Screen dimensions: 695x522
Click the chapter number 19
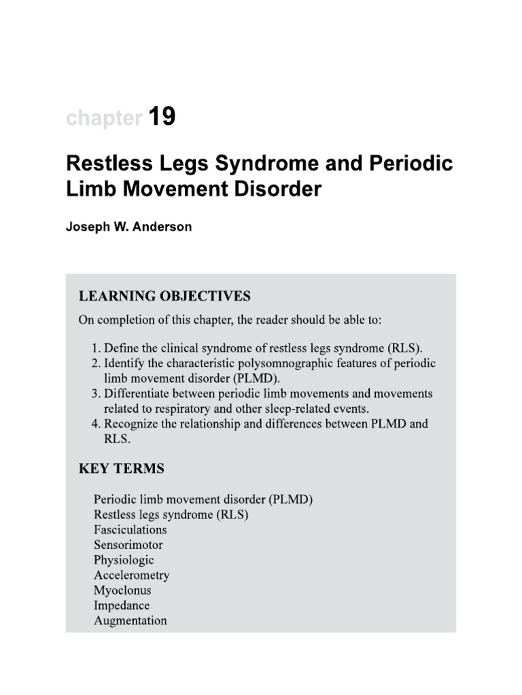coord(162,117)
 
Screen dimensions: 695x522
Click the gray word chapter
coord(103,119)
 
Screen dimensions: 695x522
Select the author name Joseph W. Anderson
coord(128,227)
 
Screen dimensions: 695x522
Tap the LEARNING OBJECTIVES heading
coord(165,296)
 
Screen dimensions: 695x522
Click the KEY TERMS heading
coord(122,469)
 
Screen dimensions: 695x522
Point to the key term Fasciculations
coord(130,529)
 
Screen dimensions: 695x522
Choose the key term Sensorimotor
coord(128,544)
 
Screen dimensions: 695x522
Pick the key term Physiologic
coord(124,560)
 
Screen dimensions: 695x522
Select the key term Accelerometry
coord(132,575)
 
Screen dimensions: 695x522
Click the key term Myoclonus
coord(122,590)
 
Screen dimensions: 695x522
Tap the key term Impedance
coord(122,605)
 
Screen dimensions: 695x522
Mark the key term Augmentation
coord(130,620)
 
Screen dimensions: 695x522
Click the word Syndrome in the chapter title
coord(258,165)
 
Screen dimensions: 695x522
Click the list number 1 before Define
coord(95,348)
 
